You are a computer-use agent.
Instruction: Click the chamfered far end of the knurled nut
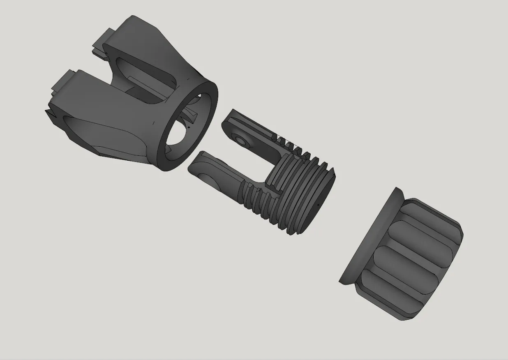point(448,263)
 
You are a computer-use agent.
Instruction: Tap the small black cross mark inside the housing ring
point(189,127)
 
